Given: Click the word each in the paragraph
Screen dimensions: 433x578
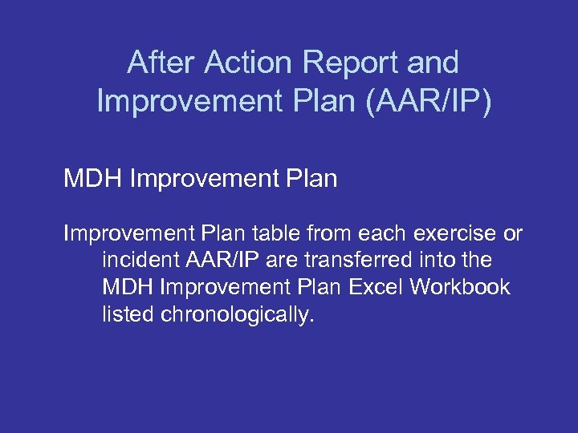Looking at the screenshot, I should pyautogui.click(x=377, y=234).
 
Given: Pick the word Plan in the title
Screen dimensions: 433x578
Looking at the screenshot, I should pyautogui.click(x=310, y=102).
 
